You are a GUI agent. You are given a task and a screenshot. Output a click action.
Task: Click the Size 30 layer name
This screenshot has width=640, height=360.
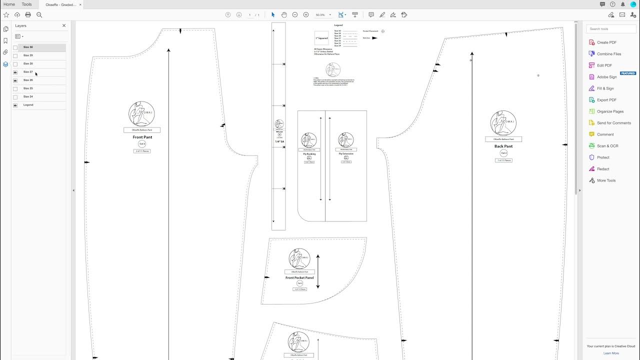28,47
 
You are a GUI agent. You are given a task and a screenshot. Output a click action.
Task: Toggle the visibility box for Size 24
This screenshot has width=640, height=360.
15,97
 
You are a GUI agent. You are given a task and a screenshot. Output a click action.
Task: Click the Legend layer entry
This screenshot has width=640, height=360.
28,105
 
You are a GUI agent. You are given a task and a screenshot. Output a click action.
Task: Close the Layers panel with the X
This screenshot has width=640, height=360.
64,25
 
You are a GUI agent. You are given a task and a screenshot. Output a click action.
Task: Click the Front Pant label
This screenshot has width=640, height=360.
142,137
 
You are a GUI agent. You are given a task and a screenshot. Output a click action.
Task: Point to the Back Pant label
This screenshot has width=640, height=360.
503,146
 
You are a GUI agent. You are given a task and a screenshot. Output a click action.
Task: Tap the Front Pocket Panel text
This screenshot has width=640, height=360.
299,277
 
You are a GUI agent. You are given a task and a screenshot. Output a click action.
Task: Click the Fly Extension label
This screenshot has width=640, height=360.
346,153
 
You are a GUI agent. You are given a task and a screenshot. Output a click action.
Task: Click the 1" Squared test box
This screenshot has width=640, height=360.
321,38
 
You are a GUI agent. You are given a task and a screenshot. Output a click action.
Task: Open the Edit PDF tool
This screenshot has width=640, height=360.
604,65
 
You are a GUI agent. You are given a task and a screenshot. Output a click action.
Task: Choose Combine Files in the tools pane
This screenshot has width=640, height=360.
608,54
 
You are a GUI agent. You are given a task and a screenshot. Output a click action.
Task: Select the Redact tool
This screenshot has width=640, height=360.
602,169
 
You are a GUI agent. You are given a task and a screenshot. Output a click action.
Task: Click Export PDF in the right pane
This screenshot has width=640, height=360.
606,100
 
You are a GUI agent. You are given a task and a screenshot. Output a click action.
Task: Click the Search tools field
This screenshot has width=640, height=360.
611,29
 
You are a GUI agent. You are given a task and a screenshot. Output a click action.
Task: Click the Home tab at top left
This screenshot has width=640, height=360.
9,4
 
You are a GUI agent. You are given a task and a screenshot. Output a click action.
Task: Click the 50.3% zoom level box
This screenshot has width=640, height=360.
321,15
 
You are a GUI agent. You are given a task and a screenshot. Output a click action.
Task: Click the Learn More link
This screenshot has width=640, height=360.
610,353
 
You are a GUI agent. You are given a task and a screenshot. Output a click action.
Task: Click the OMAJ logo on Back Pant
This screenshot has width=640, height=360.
502,123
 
